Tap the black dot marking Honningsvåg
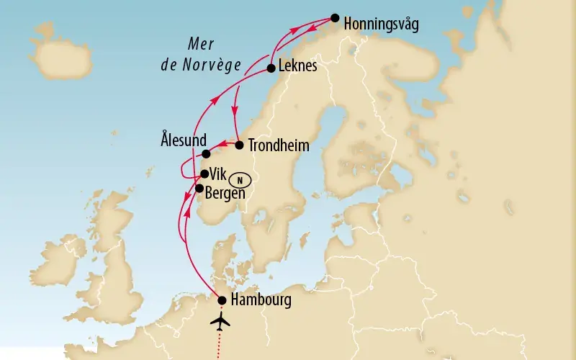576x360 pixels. [335, 18]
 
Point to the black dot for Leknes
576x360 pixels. [271, 68]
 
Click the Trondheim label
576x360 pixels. [278, 145]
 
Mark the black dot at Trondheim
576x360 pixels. [239, 145]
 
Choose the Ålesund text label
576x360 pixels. [184, 140]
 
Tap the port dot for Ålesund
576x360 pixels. [207, 154]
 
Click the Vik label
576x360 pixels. [217, 174]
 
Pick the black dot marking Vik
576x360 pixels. [204, 174]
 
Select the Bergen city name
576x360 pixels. [225, 193]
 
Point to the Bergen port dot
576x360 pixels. [199, 188]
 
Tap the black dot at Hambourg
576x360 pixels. [222, 301]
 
